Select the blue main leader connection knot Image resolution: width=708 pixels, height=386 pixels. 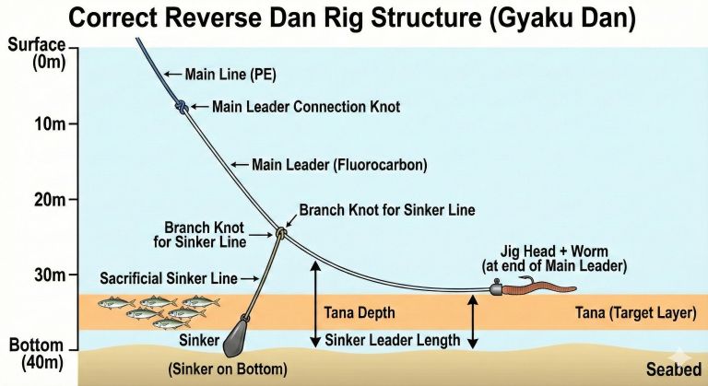pyautogui.click(x=183, y=107)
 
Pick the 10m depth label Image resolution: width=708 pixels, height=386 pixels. pyautogui.click(x=28, y=123)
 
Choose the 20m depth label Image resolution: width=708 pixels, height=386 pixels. pyautogui.click(x=28, y=199)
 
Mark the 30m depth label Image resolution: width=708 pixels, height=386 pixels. pyautogui.click(x=28, y=275)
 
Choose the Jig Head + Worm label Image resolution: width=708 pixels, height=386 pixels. pyautogui.click(x=554, y=258)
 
